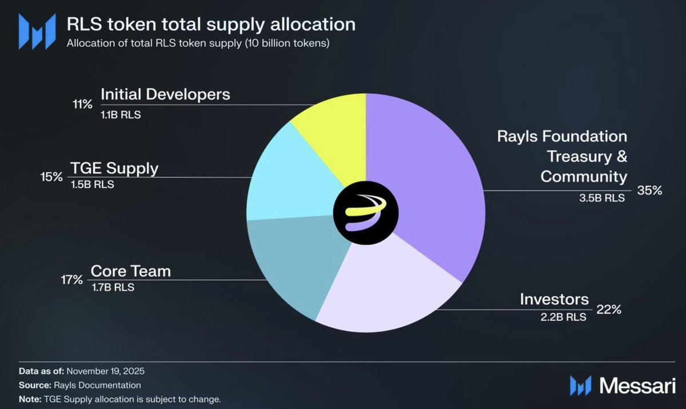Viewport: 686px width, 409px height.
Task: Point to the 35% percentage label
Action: (649, 191)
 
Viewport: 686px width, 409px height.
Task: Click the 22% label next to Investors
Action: (609, 310)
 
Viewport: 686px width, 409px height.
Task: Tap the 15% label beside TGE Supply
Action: (51, 177)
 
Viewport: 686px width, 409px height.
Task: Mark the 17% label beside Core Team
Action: (71, 280)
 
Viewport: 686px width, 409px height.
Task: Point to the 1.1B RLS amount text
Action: (121, 114)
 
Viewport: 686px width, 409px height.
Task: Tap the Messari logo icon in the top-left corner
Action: (37, 31)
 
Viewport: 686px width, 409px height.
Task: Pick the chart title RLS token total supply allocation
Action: (211, 25)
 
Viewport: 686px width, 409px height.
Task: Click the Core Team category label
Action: (131, 271)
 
